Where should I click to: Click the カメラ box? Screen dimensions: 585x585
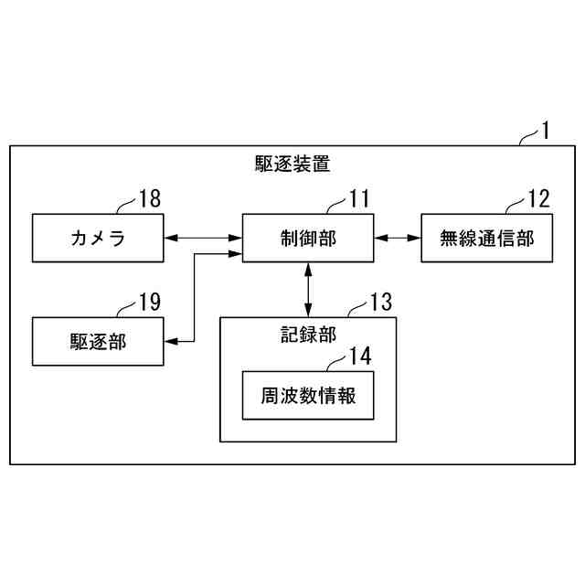98,239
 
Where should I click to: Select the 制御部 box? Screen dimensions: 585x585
308,239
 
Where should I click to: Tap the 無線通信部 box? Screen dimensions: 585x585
487,239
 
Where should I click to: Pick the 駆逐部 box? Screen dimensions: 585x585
98,341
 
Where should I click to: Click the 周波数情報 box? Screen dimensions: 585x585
308,396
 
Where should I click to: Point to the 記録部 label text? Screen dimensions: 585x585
308,334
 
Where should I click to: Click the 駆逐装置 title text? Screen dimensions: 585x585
292,165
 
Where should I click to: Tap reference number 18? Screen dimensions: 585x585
149,198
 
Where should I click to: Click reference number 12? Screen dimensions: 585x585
539,198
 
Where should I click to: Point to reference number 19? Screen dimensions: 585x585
149,301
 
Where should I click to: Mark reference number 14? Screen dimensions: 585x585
360,355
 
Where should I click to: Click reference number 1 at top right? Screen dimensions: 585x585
545,130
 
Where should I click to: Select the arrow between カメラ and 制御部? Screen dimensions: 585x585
203,239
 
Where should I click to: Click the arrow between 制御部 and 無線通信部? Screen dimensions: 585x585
398,239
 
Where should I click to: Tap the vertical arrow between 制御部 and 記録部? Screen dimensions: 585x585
308,290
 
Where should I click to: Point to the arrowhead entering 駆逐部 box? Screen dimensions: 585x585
170,341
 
